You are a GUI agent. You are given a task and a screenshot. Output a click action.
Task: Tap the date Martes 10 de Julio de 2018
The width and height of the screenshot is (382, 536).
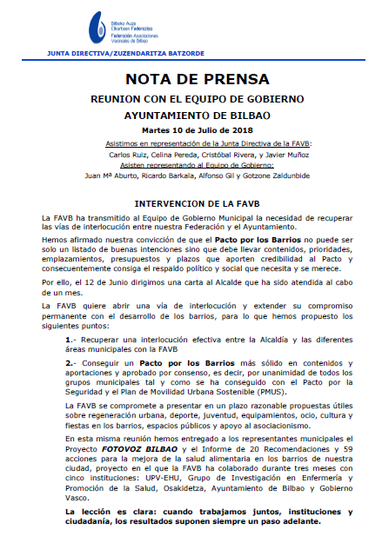tap(191, 129)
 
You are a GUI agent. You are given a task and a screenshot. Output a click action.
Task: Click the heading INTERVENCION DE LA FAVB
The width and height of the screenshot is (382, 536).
tap(191, 202)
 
